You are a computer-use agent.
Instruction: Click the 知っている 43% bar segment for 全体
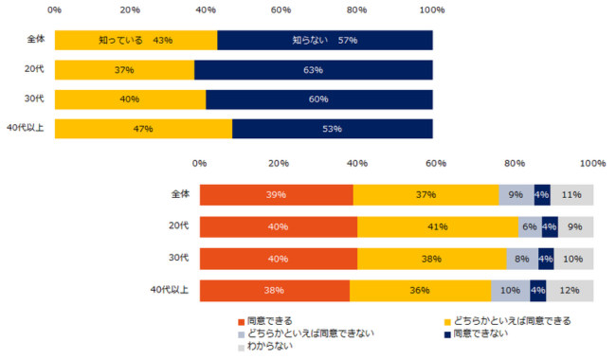tap(136, 41)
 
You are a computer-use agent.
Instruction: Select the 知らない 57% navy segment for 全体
tap(325, 41)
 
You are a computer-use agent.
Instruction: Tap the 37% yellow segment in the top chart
tap(124, 70)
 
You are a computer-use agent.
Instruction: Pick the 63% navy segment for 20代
tap(314, 70)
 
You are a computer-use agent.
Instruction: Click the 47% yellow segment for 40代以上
tap(143, 129)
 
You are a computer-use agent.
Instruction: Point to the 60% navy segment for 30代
tap(319, 99)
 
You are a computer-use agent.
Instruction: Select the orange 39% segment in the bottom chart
tap(276, 195)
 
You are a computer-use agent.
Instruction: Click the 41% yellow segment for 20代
tap(438, 227)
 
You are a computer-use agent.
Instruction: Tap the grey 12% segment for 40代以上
tap(570, 290)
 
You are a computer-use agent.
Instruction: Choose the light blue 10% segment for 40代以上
tap(511, 290)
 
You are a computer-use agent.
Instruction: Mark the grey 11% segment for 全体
tap(572, 195)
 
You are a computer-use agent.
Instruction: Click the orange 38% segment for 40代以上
tap(274, 290)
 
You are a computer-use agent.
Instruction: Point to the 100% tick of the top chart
tap(432, 10)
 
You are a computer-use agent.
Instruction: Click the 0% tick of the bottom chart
tap(199, 163)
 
